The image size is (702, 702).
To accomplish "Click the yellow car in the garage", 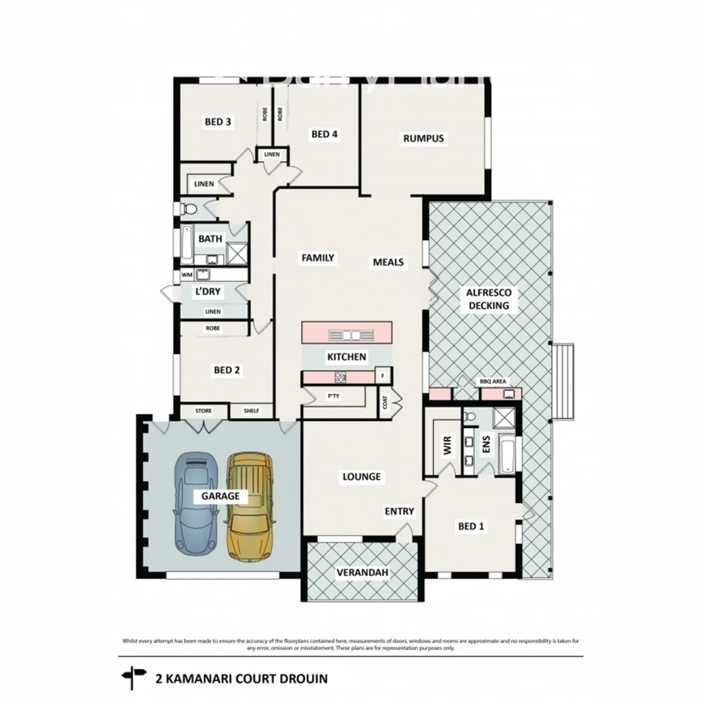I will [250, 507].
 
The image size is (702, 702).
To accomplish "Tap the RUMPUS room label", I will [423, 138].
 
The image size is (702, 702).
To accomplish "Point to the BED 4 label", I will [325, 134].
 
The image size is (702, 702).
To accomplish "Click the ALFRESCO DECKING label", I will [489, 299].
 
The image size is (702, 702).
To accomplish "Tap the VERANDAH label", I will [363, 573].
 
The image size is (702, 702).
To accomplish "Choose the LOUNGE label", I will [362, 477].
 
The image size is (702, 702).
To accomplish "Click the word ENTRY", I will [399, 511].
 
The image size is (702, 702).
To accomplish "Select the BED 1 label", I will [471, 526].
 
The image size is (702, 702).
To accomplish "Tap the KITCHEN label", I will [346, 356].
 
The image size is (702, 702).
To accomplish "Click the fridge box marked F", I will [383, 375].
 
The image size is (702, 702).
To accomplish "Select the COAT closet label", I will [386, 403].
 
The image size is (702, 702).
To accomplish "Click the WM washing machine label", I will [185, 275].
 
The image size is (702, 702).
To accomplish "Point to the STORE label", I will [203, 411].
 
